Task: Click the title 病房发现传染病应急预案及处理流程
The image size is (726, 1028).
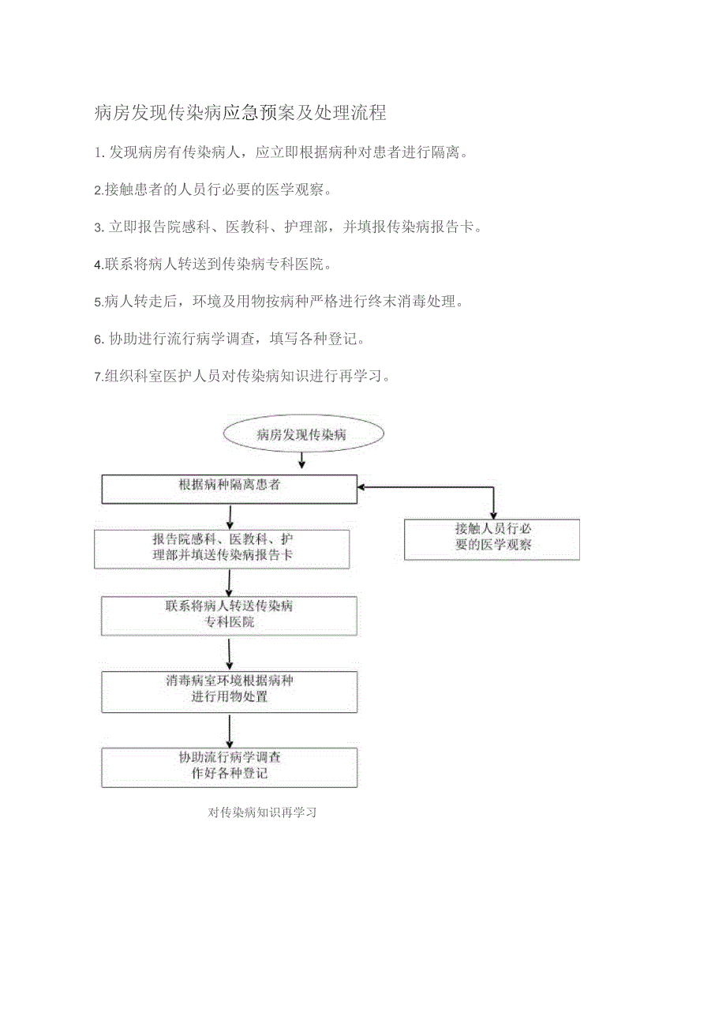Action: point(240,113)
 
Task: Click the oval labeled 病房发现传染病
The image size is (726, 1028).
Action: point(303,434)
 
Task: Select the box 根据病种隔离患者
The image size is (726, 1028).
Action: point(230,489)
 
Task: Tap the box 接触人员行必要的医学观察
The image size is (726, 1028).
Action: point(492,539)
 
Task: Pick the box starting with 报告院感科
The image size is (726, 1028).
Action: point(222,549)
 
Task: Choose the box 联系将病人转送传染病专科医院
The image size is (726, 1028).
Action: point(229,616)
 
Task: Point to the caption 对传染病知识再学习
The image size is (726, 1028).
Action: point(263,812)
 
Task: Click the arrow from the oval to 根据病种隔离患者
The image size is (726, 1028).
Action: point(301,461)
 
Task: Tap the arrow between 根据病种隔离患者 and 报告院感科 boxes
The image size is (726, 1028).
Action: point(230,516)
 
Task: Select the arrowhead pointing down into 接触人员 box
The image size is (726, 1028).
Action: point(494,514)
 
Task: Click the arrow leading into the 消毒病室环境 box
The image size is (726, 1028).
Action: point(230,654)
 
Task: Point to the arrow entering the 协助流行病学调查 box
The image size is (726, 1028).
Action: point(230,730)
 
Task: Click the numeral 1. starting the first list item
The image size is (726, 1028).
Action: point(99,152)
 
